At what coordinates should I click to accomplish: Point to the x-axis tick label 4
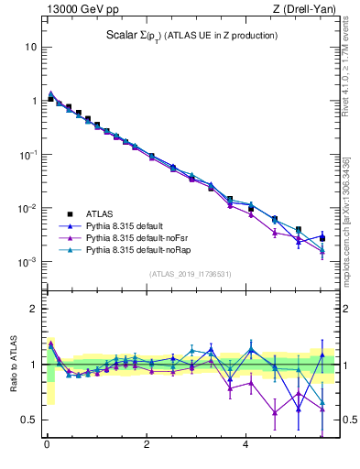click(x=245, y=446)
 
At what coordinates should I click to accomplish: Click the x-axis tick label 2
click(x=147, y=446)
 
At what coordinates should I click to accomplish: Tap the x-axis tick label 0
click(x=47, y=446)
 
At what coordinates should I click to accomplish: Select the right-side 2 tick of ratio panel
click(x=343, y=310)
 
